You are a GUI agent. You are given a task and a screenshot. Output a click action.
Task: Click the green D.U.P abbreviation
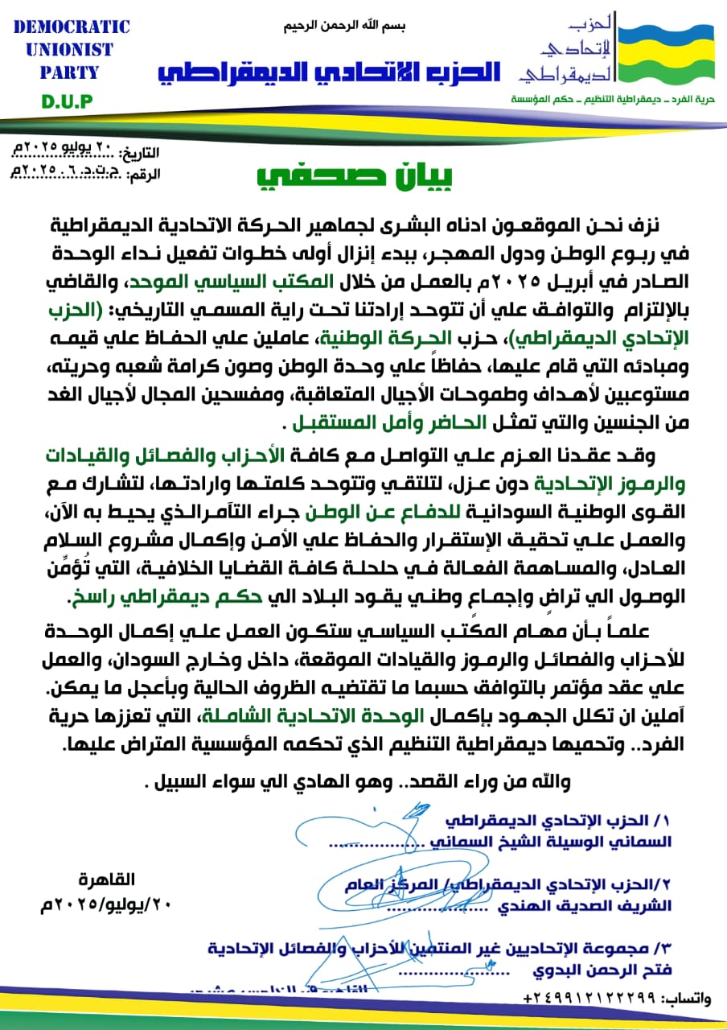pos(68,101)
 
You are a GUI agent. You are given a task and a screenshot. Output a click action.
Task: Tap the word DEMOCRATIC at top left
pos(72,27)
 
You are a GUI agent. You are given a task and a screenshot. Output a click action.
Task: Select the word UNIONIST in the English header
pos(69,50)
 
